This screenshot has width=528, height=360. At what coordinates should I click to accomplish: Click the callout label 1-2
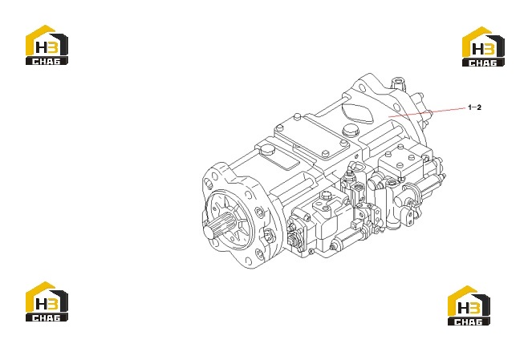pos(474,107)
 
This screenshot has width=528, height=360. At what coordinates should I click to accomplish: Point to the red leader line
pos(428,112)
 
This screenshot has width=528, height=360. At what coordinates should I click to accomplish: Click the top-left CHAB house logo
pos(47,45)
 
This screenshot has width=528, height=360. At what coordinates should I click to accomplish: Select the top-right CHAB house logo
pos(483,47)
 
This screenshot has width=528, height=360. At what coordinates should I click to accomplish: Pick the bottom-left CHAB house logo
pos(47,301)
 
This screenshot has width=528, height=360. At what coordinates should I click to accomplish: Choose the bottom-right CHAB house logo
pos(469,305)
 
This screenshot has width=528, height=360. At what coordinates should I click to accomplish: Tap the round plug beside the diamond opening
pos(349,131)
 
